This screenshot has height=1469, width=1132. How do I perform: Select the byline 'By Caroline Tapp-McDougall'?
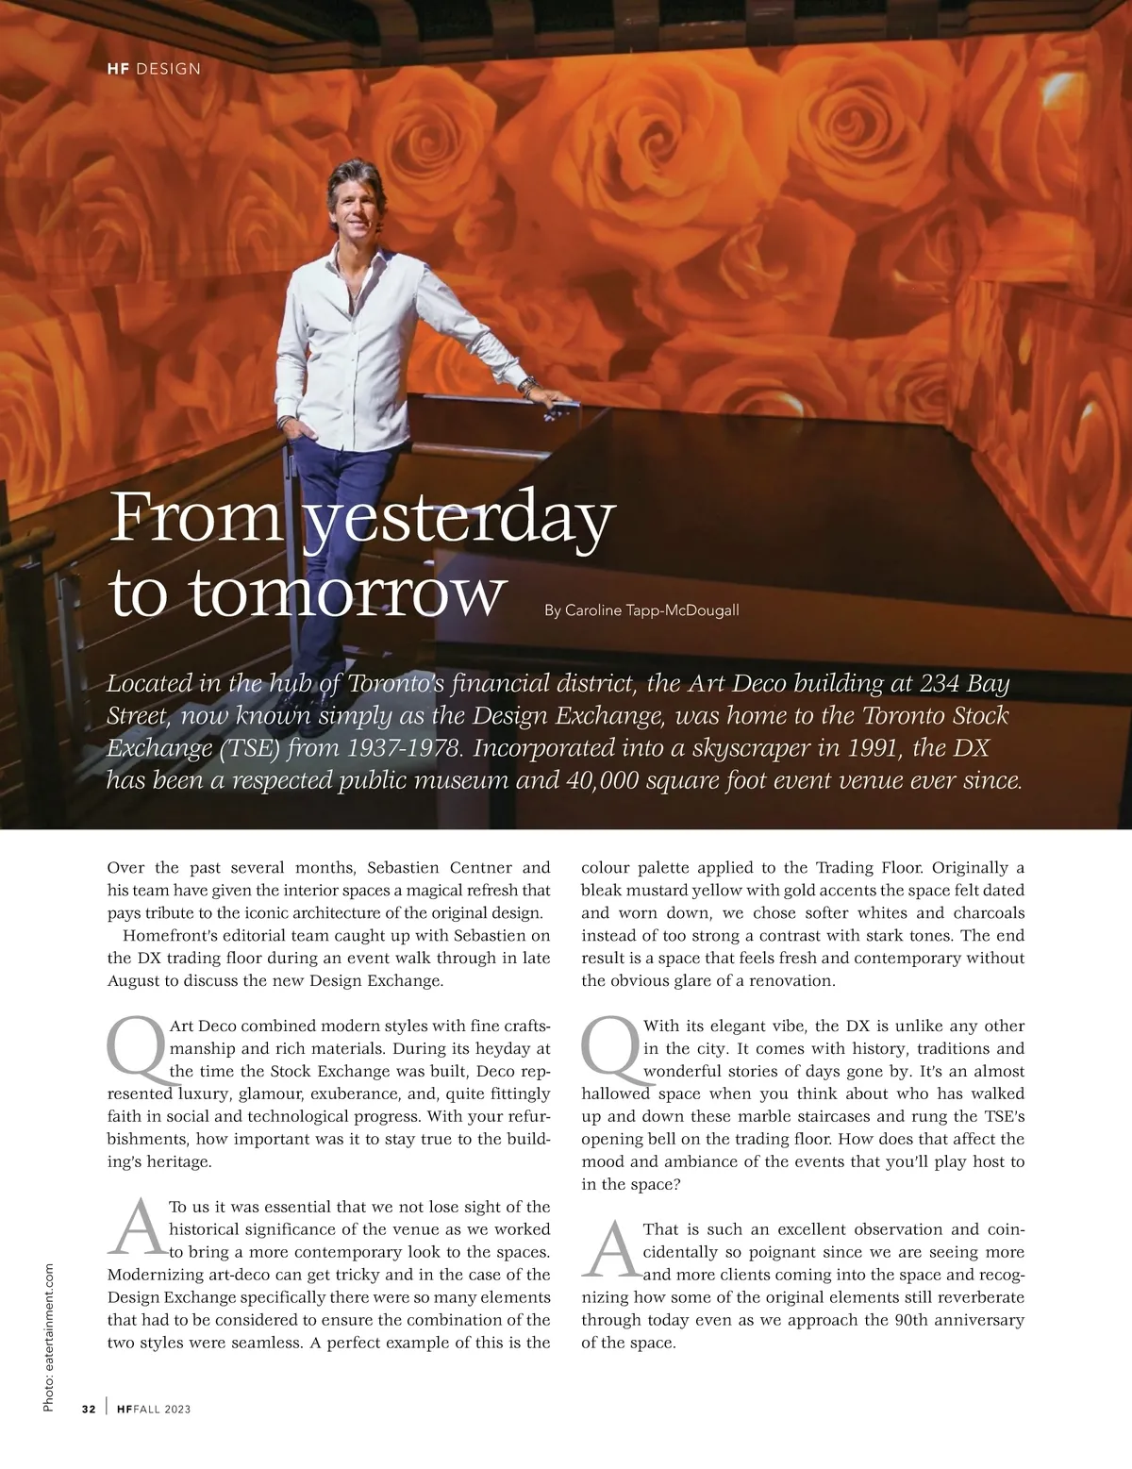tap(641, 610)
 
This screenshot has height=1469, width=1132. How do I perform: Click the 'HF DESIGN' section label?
tap(148, 68)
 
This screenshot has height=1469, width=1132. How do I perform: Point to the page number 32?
tap(89, 1409)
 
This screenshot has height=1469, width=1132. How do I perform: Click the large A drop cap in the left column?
tap(136, 1228)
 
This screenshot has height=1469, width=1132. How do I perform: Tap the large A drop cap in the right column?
tap(610, 1251)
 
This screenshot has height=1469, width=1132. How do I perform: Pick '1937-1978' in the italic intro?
tap(405, 748)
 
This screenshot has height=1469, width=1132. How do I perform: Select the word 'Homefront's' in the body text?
tap(166, 935)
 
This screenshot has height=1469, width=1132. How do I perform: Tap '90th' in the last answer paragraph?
tap(912, 1320)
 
